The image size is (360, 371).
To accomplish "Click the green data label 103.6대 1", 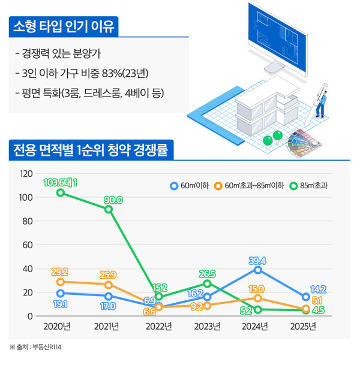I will tap(60, 182).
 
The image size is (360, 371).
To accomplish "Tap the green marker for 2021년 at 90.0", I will tap(109, 209).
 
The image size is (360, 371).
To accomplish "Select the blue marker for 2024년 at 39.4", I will tap(257, 269).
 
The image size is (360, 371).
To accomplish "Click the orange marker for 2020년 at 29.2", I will tap(60, 281).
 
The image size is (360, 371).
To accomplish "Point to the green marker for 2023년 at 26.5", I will tap(207, 283).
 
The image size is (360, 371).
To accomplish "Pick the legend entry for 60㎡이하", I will tap(191, 185).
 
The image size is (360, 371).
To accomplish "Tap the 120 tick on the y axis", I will tap(26, 174).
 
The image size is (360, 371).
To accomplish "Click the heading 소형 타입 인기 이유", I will tap(65, 27).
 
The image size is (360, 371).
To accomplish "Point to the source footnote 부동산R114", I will tap(45, 347).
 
